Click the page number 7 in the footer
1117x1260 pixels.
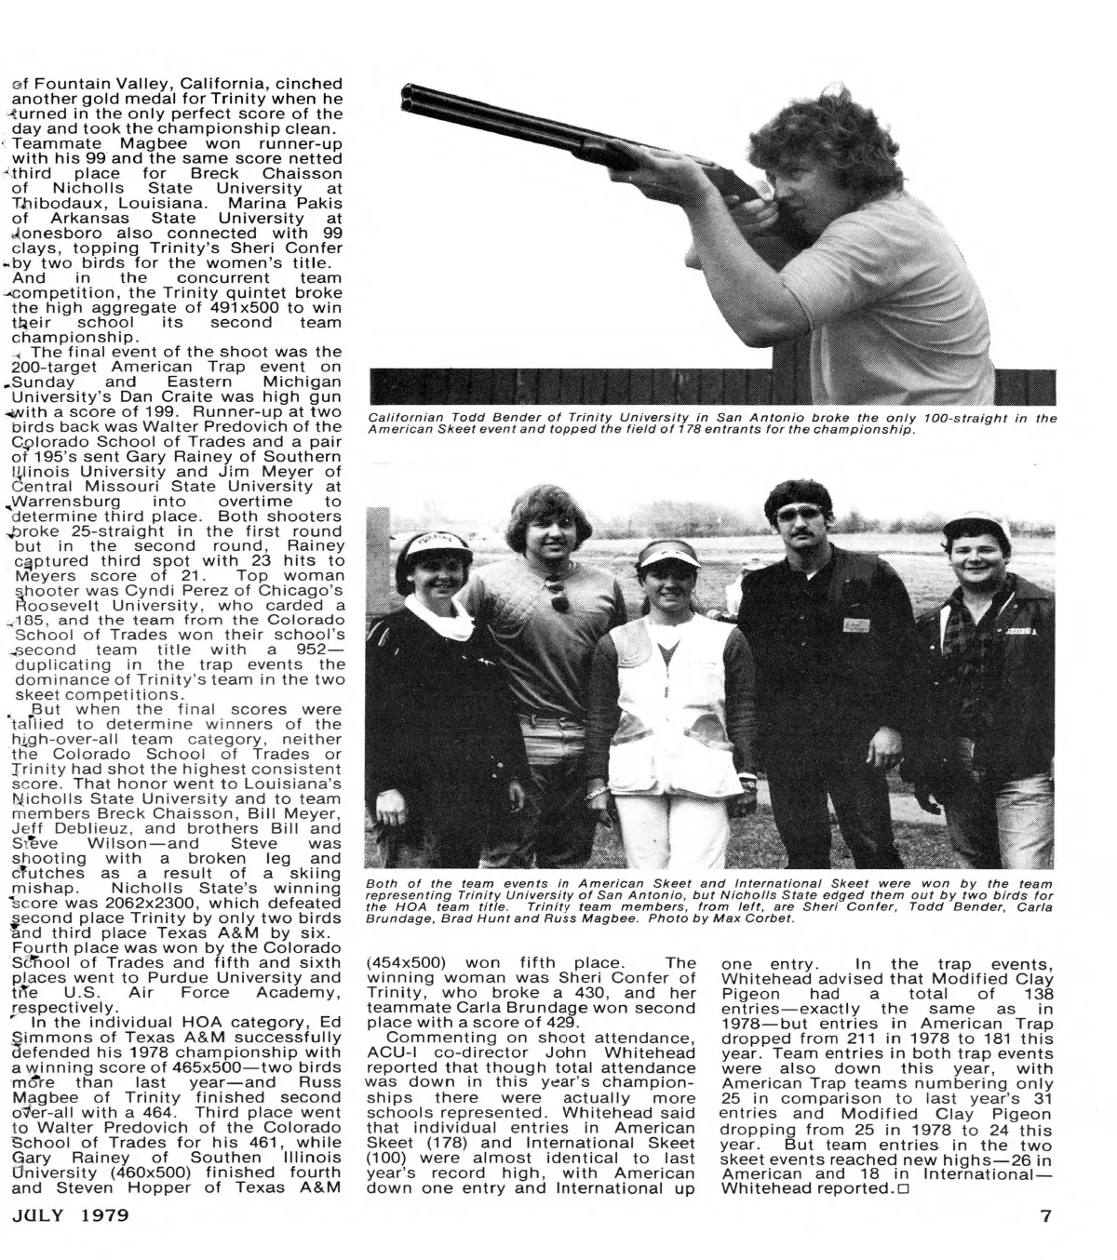point(1045,1215)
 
